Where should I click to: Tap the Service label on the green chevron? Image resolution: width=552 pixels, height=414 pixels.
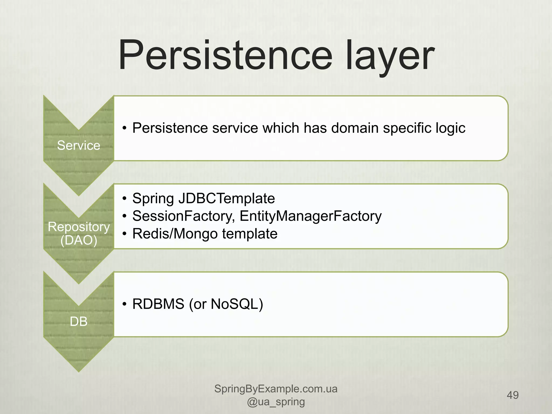pos(79,146)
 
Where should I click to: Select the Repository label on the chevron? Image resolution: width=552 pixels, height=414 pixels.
pos(79,227)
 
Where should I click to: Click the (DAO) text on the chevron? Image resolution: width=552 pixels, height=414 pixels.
pos(79,240)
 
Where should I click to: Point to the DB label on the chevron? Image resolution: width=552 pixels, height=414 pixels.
pos(79,322)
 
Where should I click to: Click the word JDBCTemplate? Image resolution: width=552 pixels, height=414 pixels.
pos(226,198)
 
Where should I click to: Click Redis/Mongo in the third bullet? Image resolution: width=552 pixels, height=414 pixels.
pos(175,234)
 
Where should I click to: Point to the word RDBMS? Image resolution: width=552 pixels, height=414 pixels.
pos(158,304)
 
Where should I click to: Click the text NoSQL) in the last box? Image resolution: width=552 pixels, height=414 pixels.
pos(237,304)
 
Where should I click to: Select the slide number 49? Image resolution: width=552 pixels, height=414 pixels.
pos(513,395)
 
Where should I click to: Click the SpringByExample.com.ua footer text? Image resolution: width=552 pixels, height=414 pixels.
pos(276,389)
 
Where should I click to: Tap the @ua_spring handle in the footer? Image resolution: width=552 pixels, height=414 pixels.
pos(276,402)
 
